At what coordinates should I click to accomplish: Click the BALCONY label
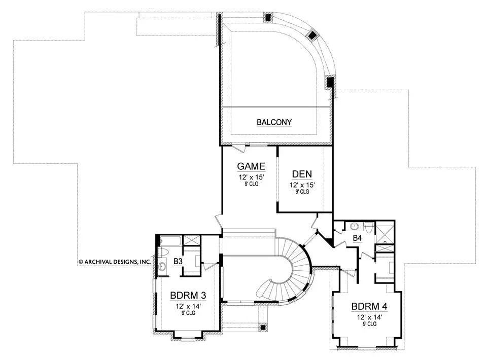(x=274, y=122)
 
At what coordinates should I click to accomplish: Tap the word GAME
(x=251, y=166)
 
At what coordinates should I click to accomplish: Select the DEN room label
(x=302, y=174)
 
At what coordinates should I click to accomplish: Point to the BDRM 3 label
(x=188, y=295)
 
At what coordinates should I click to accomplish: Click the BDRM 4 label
(x=369, y=307)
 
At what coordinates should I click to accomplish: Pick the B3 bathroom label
(x=178, y=262)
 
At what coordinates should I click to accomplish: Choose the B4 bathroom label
(x=357, y=238)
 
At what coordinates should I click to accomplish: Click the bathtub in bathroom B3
(x=170, y=241)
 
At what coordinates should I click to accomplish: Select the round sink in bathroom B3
(x=162, y=266)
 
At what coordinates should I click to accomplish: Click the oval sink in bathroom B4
(x=355, y=226)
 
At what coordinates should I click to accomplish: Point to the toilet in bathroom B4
(x=369, y=227)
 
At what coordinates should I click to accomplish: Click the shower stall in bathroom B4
(x=385, y=233)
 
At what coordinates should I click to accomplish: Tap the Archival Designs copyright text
(x=115, y=262)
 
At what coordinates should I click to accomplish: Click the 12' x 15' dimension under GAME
(x=251, y=177)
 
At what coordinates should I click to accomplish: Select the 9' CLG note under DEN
(x=302, y=192)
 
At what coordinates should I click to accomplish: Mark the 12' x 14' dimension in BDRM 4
(x=369, y=317)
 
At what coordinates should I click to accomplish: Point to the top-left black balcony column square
(x=268, y=17)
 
